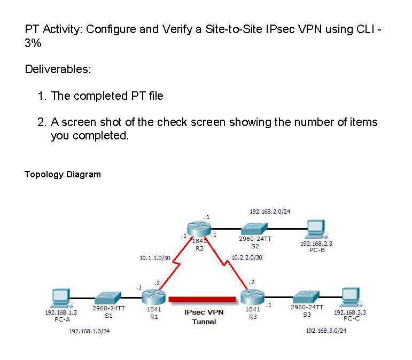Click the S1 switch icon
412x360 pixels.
108,298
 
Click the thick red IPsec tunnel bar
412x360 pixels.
202,298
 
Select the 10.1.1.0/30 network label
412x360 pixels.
154,258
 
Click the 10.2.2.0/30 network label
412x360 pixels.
246,257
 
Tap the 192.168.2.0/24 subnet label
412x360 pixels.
270,212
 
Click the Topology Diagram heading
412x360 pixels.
63,174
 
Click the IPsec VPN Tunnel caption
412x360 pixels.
204,317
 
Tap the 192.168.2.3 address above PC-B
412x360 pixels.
317,244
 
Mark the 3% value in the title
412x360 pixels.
33,43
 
